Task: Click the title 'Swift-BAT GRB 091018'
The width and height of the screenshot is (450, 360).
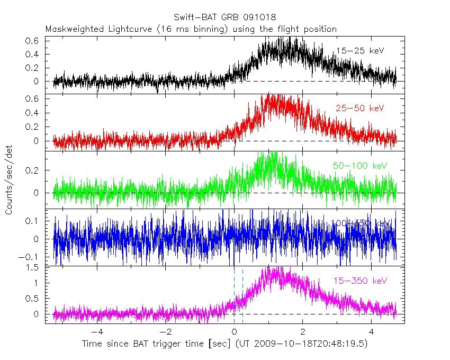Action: (x=224, y=17)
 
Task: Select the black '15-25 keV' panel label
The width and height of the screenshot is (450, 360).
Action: (x=359, y=51)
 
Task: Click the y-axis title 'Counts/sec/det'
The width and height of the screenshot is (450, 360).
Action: (x=9, y=180)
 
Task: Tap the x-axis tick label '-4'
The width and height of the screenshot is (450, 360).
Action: (x=97, y=332)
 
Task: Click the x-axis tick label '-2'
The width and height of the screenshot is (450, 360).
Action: (x=165, y=332)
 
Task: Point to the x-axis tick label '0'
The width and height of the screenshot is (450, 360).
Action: (x=234, y=332)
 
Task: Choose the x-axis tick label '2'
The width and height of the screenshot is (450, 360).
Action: (x=302, y=332)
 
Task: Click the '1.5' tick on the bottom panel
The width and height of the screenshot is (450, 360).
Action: (x=33, y=267)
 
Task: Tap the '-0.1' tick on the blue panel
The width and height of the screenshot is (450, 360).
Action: (x=31, y=256)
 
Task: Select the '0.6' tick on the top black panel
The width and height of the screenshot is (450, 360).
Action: (x=33, y=40)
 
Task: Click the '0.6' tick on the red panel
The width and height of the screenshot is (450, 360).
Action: (x=33, y=98)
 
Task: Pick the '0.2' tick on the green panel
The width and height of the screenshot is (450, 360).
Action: (x=33, y=170)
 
